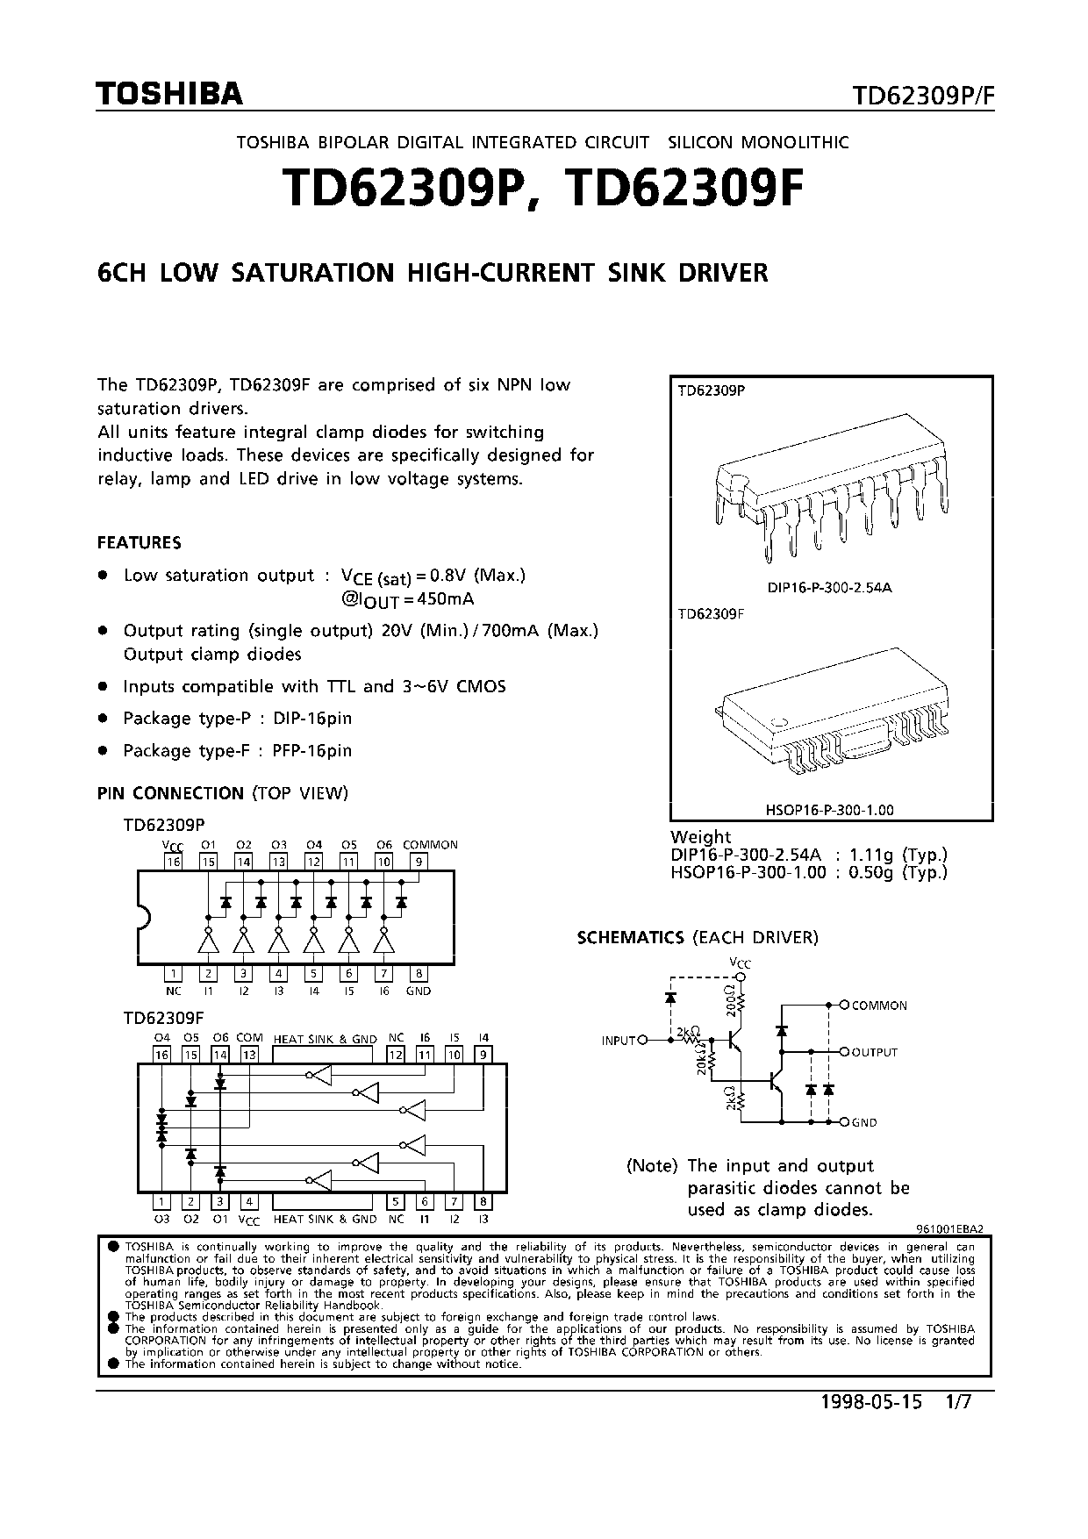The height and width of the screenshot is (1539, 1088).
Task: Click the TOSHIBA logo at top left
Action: (169, 94)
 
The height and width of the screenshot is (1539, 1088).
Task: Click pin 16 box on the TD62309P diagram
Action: (173, 862)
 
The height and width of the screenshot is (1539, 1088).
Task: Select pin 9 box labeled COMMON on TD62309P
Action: (419, 862)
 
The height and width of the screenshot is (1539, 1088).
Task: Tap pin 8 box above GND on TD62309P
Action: (419, 973)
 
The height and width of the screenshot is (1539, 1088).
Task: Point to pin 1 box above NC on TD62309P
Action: (173, 973)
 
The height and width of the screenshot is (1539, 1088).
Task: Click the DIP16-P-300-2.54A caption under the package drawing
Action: (829, 588)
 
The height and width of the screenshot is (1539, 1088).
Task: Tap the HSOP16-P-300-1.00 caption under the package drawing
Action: (829, 810)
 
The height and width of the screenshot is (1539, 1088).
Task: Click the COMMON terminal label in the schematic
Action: (879, 1006)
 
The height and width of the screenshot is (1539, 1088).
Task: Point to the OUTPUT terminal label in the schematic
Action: (875, 1052)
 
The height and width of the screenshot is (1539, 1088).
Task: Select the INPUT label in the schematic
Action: (619, 1041)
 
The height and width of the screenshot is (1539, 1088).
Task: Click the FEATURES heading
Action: (140, 543)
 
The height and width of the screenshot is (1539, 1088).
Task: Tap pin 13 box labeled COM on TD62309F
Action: (249, 1055)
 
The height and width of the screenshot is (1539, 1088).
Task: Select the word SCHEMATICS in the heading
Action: (630, 938)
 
